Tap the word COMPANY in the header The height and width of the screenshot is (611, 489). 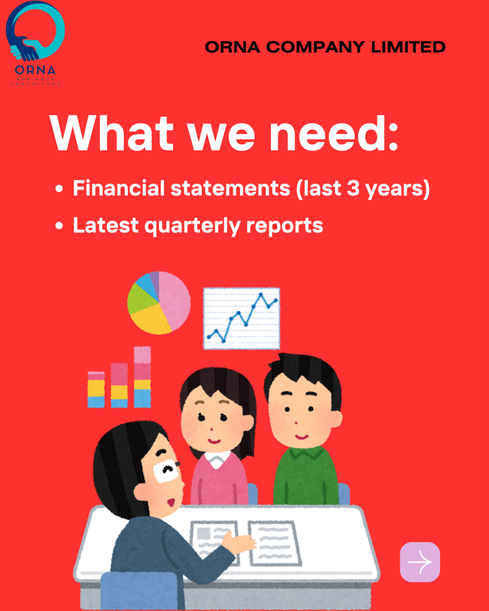tap(315, 47)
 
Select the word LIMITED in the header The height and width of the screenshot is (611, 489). tap(408, 47)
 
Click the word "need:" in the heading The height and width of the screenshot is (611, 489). tap(334, 133)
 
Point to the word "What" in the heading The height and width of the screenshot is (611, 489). tap(112, 133)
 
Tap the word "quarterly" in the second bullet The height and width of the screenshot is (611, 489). tap(192, 226)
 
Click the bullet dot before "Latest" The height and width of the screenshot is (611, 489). tap(59, 226)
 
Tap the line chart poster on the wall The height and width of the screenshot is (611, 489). tap(242, 318)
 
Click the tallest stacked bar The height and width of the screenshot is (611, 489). tap(142, 377)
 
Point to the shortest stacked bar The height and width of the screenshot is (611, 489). tap(96, 389)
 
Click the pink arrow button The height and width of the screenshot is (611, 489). tap(420, 562)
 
